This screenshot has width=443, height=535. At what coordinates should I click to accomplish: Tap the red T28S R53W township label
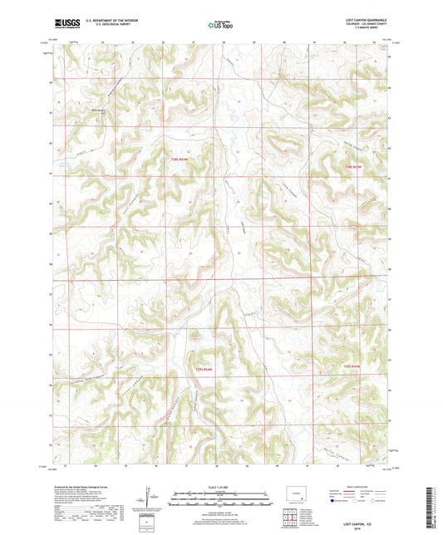[354, 169]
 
